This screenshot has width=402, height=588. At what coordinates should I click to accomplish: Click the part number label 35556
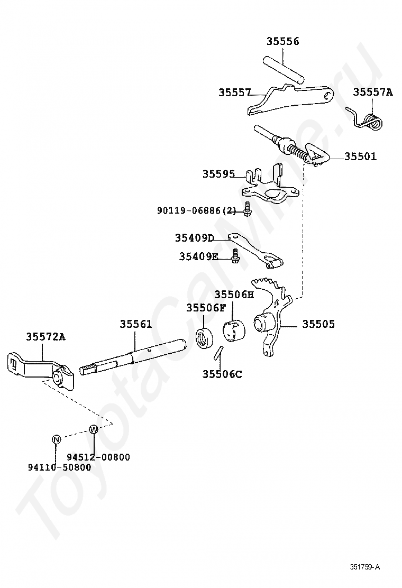click(283, 41)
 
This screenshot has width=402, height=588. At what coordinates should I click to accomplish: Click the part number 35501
click(360, 157)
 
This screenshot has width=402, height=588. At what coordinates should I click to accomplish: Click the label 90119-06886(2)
click(196, 211)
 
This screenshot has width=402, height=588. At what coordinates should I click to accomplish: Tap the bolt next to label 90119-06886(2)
click(247, 208)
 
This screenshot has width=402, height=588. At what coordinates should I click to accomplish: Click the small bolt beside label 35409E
click(235, 255)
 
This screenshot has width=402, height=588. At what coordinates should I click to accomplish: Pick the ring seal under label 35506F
click(205, 337)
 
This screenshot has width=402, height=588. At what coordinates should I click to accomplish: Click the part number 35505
click(318, 324)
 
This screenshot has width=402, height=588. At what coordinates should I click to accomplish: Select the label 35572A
click(45, 337)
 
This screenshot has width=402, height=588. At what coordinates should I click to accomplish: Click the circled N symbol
click(56, 439)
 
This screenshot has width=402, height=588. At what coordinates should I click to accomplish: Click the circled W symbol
click(94, 429)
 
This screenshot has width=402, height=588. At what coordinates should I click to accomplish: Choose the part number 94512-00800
click(98, 457)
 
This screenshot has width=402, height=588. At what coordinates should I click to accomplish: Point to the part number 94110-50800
click(60, 467)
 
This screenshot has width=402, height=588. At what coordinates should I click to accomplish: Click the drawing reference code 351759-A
click(364, 567)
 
